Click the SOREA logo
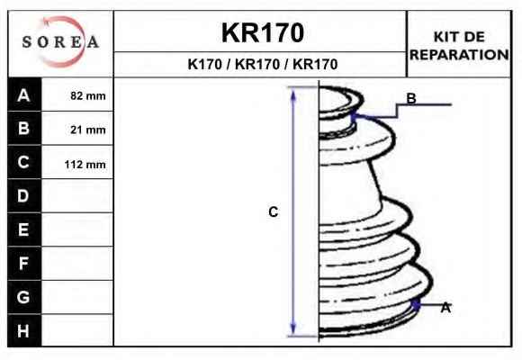click(x=60, y=42)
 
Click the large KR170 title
click(x=263, y=32)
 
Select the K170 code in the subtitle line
click(x=204, y=64)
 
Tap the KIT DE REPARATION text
click(x=459, y=46)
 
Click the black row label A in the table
click(x=24, y=95)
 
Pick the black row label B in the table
click(x=24, y=128)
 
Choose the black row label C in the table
click(x=24, y=162)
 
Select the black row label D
click(x=24, y=196)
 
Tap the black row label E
click(x=24, y=229)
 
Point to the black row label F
click(x=24, y=264)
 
